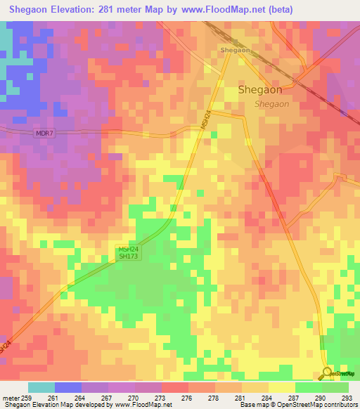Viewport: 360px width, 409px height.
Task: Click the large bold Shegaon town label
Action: click(260, 90)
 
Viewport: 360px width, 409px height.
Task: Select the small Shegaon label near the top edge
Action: click(235, 51)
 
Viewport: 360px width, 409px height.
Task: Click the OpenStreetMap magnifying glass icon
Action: click(327, 374)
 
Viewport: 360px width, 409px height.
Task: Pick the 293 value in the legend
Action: click(348, 398)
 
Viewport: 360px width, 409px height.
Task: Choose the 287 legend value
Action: click(295, 398)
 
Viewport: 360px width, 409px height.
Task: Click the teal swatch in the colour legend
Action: click(41, 387)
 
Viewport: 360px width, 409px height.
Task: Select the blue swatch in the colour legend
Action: click(68, 387)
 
